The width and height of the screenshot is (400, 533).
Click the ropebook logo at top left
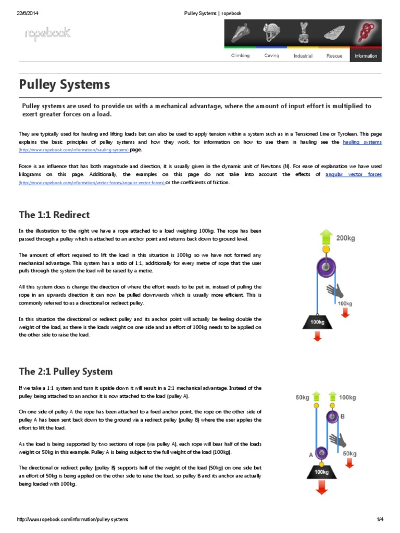47,35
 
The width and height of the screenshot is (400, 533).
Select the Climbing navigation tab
240,56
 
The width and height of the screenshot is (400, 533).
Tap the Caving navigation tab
271,56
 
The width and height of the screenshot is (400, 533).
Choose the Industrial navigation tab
303,56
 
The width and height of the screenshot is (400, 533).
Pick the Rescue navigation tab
334,56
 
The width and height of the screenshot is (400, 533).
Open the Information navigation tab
366,56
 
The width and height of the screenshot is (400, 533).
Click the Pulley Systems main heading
65,84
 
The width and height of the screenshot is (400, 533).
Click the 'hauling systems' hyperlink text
362,142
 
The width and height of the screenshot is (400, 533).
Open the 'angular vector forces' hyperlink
353,174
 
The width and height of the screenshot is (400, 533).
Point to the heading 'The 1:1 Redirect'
54,215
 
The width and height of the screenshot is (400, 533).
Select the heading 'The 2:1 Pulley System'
66,371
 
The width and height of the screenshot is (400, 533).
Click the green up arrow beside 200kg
326,237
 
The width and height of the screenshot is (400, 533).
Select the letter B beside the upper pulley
343,416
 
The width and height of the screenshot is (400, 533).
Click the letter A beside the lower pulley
311,454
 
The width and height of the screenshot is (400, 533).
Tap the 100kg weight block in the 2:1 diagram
320,472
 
